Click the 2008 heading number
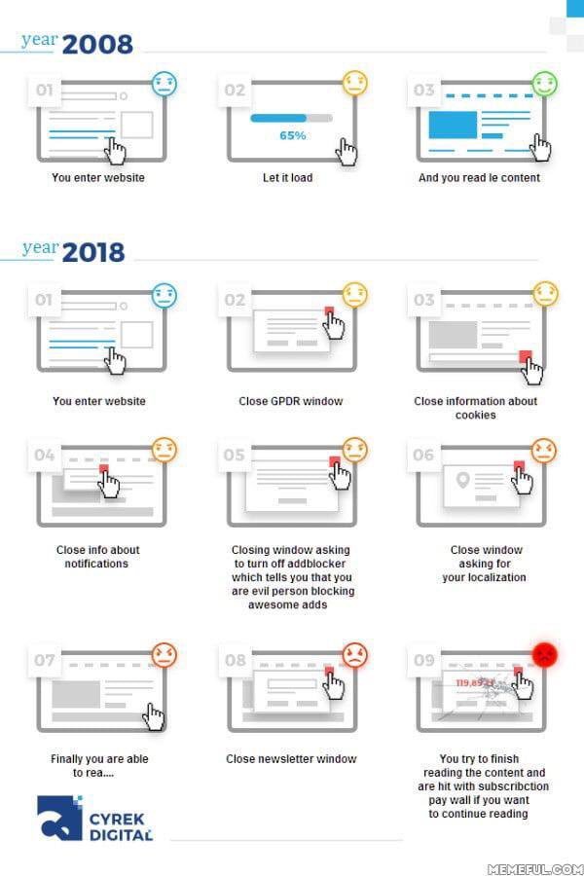click(x=97, y=45)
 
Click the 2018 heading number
click(x=93, y=252)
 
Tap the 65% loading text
click(x=292, y=135)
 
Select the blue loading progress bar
click(x=278, y=118)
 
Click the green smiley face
click(x=544, y=84)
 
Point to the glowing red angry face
click(x=544, y=655)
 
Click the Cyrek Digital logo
click(x=94, y=818)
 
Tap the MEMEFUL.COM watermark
click(x=535, y=869)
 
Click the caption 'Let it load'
click(x=288, y=178)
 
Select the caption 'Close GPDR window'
click(x=291, y=401)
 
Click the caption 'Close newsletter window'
click(x=291, y=758)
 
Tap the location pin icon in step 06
click(x=462, y=479)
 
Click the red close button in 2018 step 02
click(x=329, y=311)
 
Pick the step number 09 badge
click(x=424, y=660)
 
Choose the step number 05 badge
click(x=235, y=456)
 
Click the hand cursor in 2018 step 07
click(x=153, y=716)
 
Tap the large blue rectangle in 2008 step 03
click(x=453, y=125)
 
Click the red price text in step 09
click(x=475, y=682)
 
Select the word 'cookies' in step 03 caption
click(x=476, y=415)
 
